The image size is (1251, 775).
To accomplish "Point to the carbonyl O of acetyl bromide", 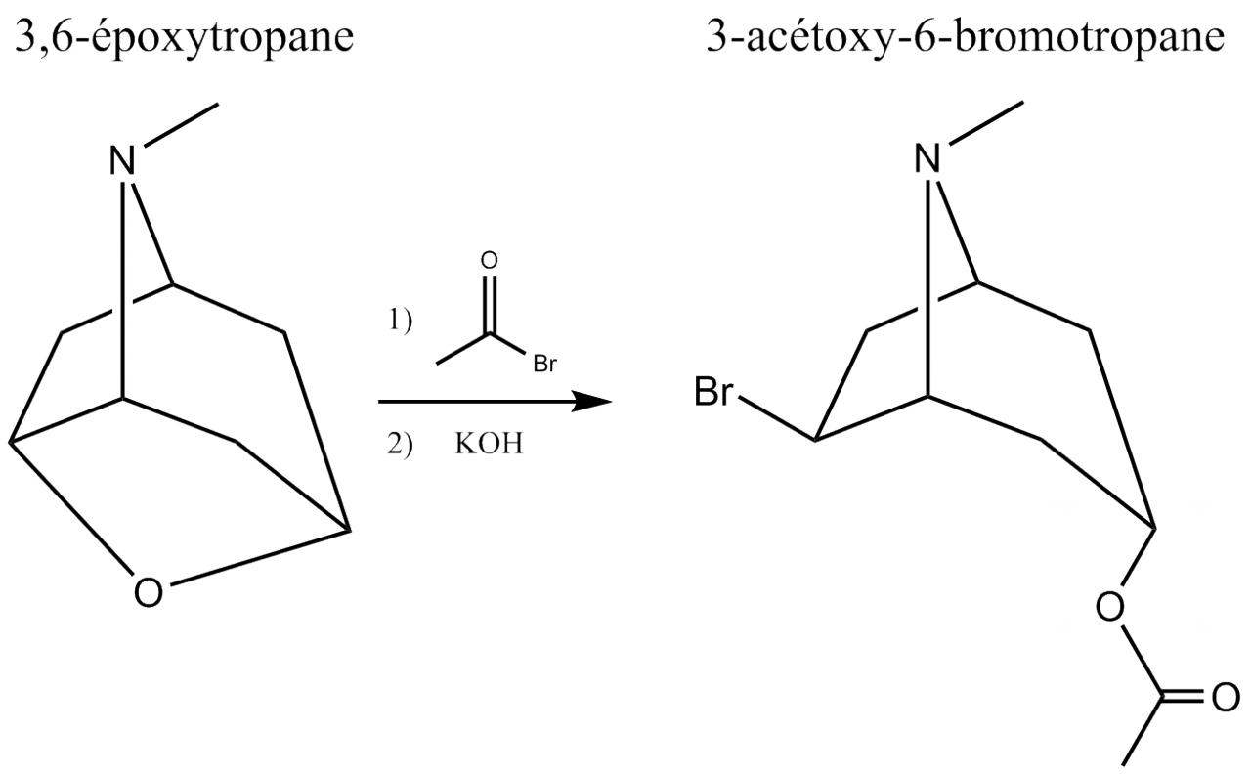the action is tap(490, 261).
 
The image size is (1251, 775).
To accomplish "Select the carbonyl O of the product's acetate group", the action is tap(1225, 699).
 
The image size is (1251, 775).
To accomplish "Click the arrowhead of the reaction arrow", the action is tap(592, 401).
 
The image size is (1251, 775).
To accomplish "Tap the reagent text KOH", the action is tap(489, 445).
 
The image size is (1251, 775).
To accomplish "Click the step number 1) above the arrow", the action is tap(401, 322).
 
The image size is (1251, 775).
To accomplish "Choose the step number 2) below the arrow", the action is tap(401, 445).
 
